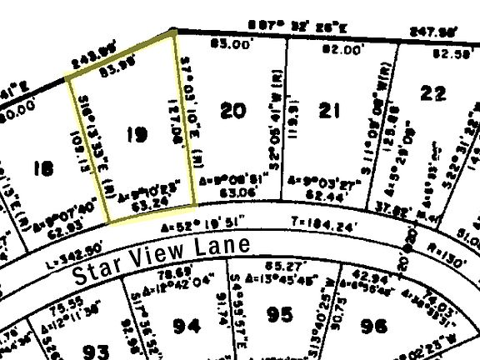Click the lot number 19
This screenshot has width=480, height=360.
tap(134, 134)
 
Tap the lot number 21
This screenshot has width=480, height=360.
tap(330, 109)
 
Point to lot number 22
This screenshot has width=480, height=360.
tap(432, 94)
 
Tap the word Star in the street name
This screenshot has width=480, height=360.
tap(102, 268)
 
